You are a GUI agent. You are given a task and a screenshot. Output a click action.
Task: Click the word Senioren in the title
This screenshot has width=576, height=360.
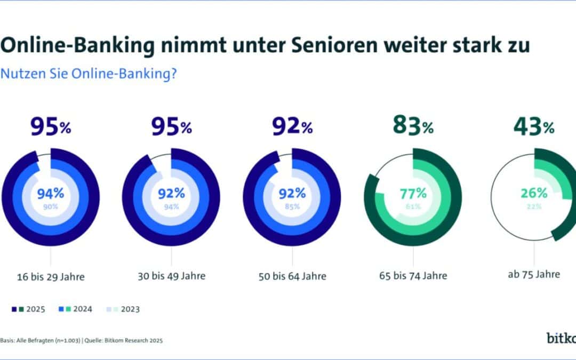point(329,45)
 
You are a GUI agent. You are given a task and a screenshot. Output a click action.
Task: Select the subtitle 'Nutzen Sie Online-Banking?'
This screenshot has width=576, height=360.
point(88,74)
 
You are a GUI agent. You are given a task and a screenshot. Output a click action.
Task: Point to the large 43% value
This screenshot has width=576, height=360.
point(534,126)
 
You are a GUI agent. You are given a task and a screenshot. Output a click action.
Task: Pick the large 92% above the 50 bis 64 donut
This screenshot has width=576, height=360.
point(292,127)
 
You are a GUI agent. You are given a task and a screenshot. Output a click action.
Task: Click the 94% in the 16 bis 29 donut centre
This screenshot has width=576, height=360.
point(51,193)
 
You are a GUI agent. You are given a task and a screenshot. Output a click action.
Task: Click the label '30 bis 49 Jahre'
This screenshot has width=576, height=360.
point(171,276)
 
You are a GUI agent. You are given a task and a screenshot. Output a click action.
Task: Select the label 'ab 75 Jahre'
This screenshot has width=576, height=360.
point(534,274)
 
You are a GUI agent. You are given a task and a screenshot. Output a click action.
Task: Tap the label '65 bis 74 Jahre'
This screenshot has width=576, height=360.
point(413,276)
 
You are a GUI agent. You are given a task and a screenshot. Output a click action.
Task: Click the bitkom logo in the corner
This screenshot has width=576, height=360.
point(560,338)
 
